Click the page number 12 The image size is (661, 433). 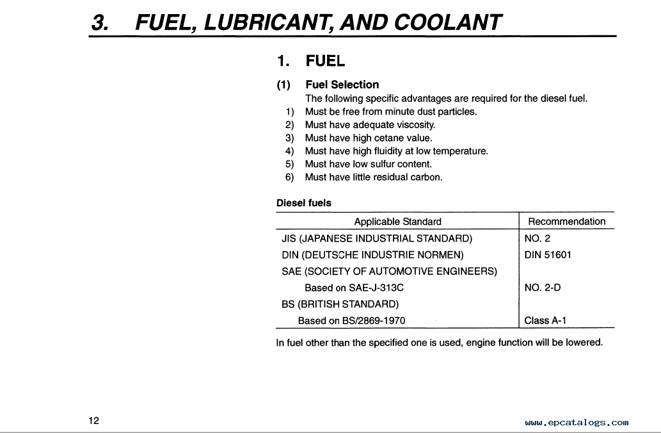click(x=94, y=421)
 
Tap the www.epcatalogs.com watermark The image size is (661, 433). click(x=577, y=423)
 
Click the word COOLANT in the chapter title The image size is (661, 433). click(x=449, y=23)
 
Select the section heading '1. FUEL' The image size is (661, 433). click(x=311, y=61)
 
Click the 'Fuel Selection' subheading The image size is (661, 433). click(x=342, y=85)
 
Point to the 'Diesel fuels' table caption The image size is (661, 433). click(x=304, y=203)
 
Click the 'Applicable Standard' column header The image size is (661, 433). click(x=397, y=222)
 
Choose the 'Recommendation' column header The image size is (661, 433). click(x=566, y=222)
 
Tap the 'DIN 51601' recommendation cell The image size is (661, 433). click(x=548, y=255)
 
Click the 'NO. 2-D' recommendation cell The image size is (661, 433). click(x=542, y=288)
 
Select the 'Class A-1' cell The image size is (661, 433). click(x=545, y=320)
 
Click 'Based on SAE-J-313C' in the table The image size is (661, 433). click(x=354, y=288)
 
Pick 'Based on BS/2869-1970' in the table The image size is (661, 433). click(x=351, y=320)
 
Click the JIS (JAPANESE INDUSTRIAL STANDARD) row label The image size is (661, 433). click(x=377, y=238)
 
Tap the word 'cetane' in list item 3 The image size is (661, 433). click(x=389, y=138)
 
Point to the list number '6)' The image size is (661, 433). click(x=290, y=177)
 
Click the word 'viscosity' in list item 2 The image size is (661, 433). click(x=415, y=125)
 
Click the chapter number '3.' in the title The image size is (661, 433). click(x=100, y=23)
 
